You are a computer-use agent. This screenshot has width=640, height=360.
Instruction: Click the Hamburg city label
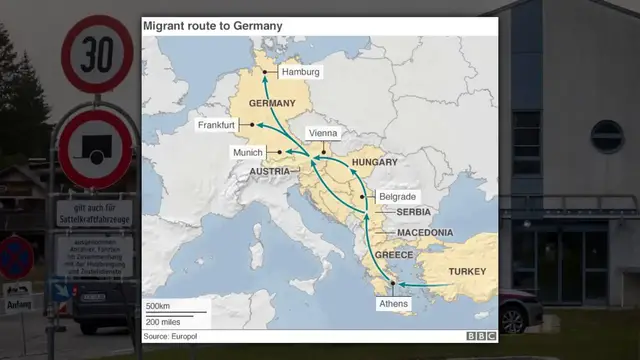pos(301,73)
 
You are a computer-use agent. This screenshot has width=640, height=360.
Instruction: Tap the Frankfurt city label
pos(217,125)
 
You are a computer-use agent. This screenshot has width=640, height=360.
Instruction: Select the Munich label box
pos(247,152)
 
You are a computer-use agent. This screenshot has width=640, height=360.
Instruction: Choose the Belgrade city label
pos(398,197)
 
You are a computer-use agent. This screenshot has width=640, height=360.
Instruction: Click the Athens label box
pos(392,303)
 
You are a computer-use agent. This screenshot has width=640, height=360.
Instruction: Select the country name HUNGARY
pos(376,162)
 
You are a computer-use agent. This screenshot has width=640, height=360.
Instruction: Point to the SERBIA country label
pos(413,212)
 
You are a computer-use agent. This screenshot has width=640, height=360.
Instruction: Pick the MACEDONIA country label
pos(426,233)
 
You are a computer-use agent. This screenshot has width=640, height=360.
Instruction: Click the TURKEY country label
pos(467,272)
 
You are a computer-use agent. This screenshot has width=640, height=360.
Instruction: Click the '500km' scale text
pos(159,305)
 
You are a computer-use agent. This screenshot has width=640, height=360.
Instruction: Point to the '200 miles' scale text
pos(162,322)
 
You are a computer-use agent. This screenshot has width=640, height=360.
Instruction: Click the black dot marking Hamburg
pos(265,73)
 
